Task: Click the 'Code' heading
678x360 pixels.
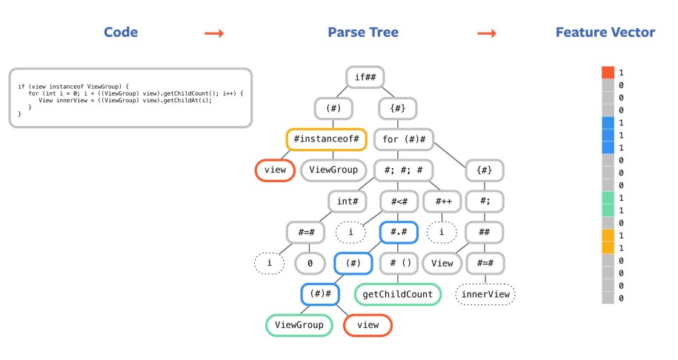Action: [x=120, y=32]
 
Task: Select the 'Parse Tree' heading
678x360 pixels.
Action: [x=362, y=32]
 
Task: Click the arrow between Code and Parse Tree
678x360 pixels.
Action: [x=214, y=33]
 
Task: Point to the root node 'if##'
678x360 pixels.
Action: [x=368, y=77]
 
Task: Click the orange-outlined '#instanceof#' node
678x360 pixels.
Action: [x=326, y=139]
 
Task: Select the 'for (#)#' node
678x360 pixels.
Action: [x=404, y=139]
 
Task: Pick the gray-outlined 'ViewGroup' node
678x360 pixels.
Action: [x=333, y=170]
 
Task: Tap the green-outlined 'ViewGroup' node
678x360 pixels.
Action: [x=299, y=324]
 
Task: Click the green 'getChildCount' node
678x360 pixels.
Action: [x=398, y=294]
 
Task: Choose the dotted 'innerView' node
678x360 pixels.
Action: [x=485, y=294]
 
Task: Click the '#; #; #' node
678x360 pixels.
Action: [x=404, y=170]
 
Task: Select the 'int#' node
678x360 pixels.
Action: [x=347, y=201]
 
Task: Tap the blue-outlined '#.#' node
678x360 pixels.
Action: [x=399, y=232]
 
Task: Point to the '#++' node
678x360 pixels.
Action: [x=444, y=201]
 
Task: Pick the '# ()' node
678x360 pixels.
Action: [x=399, y=263]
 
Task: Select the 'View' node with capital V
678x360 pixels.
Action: [x=442, y=263]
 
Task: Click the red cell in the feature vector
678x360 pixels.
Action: [x=608, y=73]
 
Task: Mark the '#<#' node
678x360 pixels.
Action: [x=399, y=201]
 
